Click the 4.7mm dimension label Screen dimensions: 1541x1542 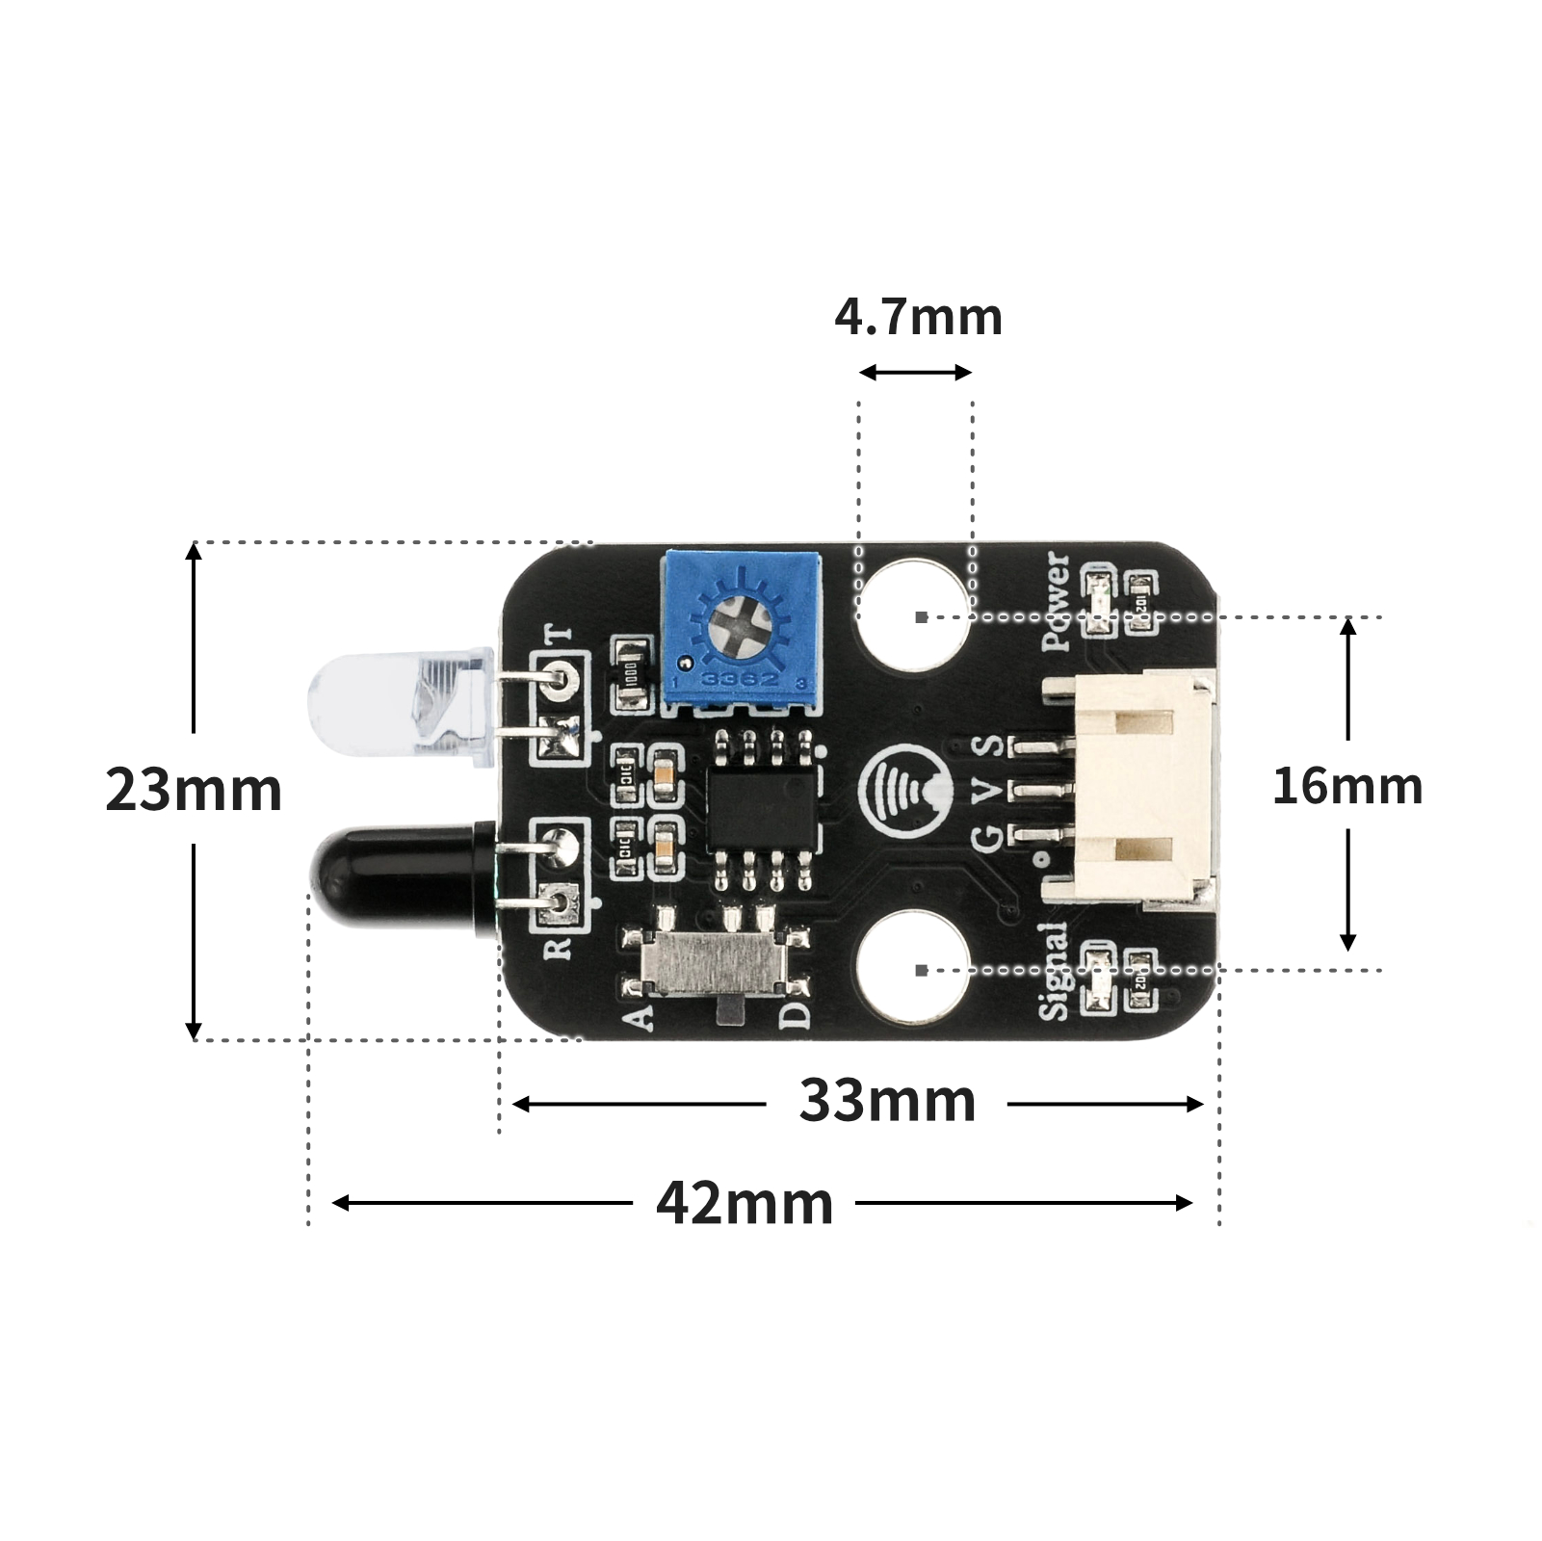pyautogui.click(x=918, y=318)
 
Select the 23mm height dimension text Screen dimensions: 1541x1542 pyautogui.click(x=194, y=790)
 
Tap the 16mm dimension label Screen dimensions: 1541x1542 pyautogui.click(x=1346, y=786)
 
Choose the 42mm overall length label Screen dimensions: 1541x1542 pyautogui.click(x=745, y=1204)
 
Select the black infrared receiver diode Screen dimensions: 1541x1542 pyautogui.click(x=395, y=874)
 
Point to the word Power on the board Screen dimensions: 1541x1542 pyautogui.click(x=1057, y=601)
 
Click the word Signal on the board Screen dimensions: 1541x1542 pyautogui.click(x=1055, y=970)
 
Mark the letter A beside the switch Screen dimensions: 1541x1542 pyautogui.click(x=639, y=1017)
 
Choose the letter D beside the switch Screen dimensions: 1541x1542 pyautogui.click(x=796, y=1015)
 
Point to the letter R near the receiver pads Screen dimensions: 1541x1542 pyautogui.click(x=559, y=949)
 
